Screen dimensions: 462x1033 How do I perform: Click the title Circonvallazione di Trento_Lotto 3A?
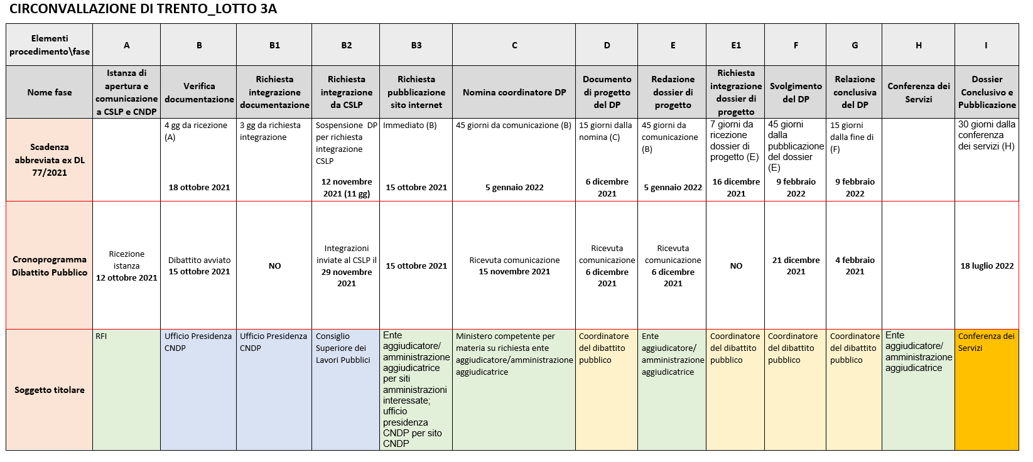point(143,9)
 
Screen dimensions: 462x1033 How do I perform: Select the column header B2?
point(346,45)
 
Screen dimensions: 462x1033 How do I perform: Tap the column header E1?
point(735,45)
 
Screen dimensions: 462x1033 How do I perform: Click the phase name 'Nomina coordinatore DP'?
point(514,92)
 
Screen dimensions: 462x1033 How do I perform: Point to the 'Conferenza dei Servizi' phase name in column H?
point(918,92)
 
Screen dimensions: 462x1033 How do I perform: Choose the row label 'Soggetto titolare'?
point(50,390)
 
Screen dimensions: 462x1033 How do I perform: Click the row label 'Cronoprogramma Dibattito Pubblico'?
point(50,266)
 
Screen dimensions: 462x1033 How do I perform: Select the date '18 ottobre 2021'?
point(199,187)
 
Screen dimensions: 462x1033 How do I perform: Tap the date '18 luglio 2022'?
point(987,266)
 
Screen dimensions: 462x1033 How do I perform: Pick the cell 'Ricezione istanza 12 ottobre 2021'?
point(126,266)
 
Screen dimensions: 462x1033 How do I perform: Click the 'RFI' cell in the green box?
point(102,336)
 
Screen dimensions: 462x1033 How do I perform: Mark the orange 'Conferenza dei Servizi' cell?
point(986,342)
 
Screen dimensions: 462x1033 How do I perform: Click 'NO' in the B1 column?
point(274,266)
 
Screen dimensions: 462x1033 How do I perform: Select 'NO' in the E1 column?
point(736,266)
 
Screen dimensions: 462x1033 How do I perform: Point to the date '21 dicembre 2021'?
point(796,266)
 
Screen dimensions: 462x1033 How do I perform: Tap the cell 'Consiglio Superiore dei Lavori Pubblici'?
point(343,348)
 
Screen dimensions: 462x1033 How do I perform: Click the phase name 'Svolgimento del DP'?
point(796,92)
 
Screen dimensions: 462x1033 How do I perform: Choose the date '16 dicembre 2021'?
point(736,187)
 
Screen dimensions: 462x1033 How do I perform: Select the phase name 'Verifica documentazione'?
point(199,92)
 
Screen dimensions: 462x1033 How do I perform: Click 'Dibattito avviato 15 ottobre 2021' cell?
point(199,266)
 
